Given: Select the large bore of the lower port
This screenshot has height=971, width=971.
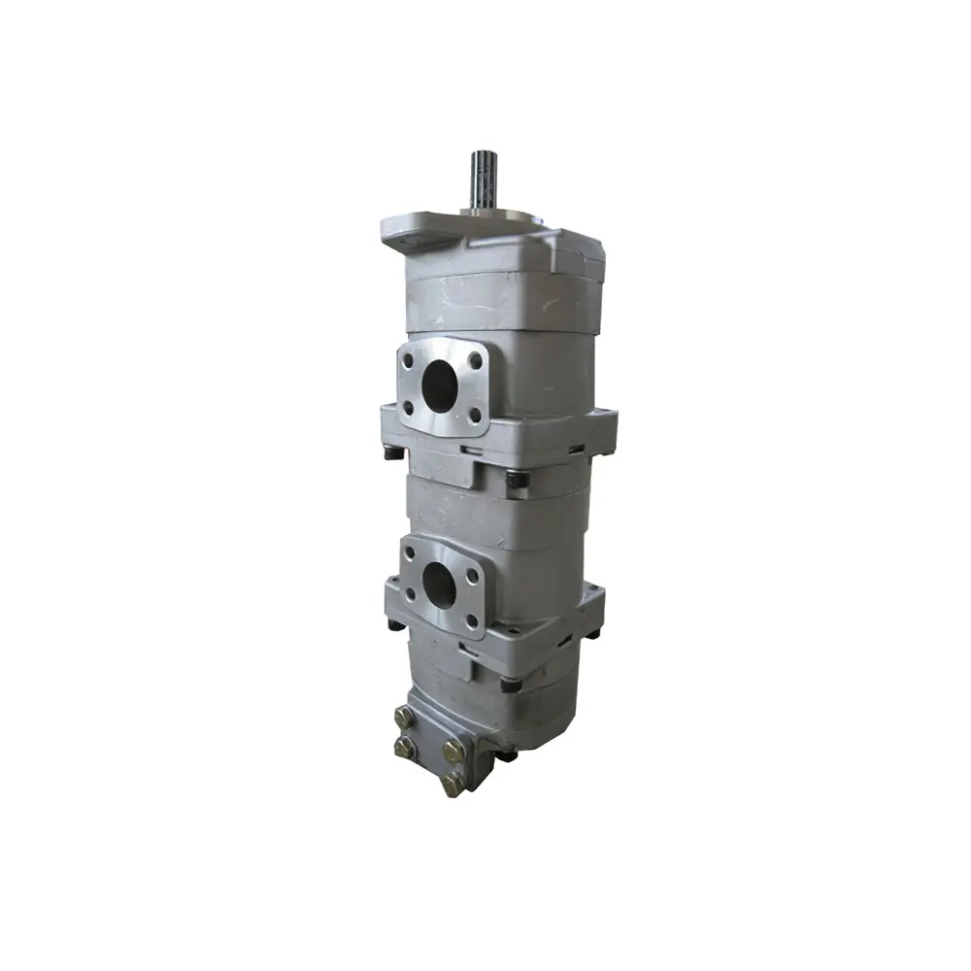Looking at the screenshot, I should (440, 585).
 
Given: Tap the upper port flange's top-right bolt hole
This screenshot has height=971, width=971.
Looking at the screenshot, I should (475, 359).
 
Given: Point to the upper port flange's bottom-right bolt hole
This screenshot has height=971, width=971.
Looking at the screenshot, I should (475, 415).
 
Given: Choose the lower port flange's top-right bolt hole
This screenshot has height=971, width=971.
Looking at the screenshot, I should (472, 575).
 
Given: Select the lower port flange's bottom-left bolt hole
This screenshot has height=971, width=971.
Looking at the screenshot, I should (412, 594).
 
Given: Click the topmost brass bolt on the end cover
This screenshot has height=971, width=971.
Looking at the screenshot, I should (405, 718).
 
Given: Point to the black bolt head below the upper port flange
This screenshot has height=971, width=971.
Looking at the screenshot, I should (517, 479).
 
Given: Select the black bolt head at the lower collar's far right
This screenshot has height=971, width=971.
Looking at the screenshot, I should (592, 633).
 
